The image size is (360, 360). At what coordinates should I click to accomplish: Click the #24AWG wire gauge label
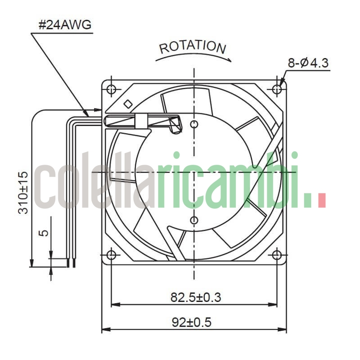coord(65,25)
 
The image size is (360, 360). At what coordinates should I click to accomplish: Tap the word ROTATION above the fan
coord(192,47)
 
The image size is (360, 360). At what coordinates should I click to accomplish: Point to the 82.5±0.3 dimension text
coord(195,297)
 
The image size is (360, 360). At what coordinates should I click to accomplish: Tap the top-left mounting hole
coord(111,89)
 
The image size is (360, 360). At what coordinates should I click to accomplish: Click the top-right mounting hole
coord(277,89)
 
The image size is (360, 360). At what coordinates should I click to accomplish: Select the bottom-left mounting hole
coord(111,255)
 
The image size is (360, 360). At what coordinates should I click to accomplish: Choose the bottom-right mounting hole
coord(277,255)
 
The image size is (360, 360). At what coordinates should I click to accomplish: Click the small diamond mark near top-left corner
coord(128,103)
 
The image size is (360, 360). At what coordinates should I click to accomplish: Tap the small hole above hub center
coord(194,124)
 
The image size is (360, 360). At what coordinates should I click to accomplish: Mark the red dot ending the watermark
coord(321,200)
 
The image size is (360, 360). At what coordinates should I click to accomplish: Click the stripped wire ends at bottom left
coord(68,263)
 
